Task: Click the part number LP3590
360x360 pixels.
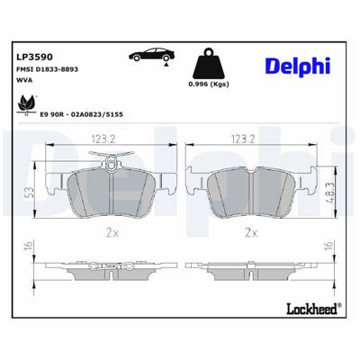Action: point(34,56)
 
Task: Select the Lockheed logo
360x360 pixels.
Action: point(300,309)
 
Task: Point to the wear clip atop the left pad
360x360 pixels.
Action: point(111,163)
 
